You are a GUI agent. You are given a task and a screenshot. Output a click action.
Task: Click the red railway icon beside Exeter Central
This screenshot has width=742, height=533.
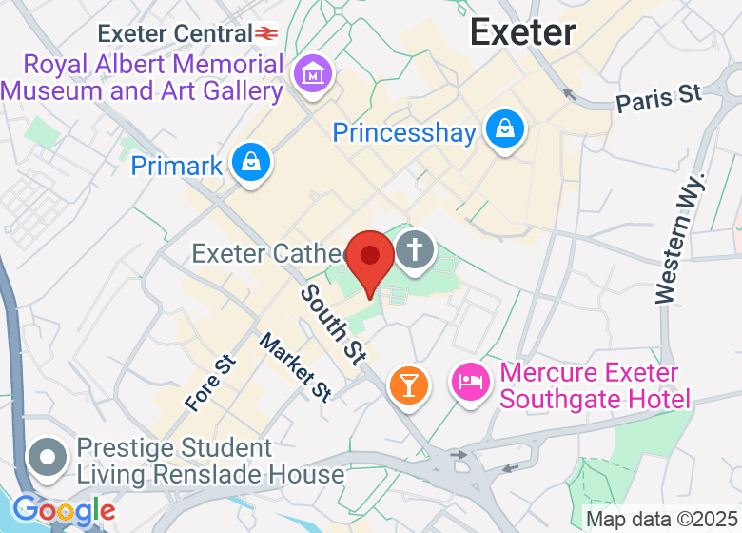pyautogui.click(x=266, y=34)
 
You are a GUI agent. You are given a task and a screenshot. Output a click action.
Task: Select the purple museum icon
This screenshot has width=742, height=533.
pyautogui.click(x=311, y=73)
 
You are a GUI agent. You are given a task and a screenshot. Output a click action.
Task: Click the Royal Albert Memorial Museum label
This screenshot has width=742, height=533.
pyautogui.click(x=143, y=78)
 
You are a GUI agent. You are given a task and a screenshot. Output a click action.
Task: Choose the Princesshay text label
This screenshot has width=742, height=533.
pyautogui.click(x=403, y=132)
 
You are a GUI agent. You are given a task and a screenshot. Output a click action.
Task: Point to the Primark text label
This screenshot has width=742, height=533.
pyautogui.click(x=176, y=166)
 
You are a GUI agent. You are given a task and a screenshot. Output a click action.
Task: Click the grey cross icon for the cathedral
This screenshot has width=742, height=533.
pyautogui.click(x=415, y=252)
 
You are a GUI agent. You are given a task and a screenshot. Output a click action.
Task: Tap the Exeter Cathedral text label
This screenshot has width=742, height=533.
pyautogui.click(x=266, y=254)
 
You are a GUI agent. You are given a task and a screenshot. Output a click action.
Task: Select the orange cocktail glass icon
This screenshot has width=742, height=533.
pyautogui.click(x=408, y=385)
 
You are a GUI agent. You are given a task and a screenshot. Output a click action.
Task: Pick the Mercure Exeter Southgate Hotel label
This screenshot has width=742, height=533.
pyautogui.click(x=589, y=385)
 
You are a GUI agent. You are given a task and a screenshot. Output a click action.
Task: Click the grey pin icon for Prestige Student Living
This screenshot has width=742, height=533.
pyautogui.click(x=46, y=457)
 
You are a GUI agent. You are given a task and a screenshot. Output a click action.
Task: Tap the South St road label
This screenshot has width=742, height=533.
pyautogui.click(x=333, y=324)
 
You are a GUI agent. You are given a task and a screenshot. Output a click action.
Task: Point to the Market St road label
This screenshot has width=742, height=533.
pyautogui.click(x=295, y=367)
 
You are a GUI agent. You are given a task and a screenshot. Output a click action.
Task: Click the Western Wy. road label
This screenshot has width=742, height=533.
pyautogui.click(x=679, y=238)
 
